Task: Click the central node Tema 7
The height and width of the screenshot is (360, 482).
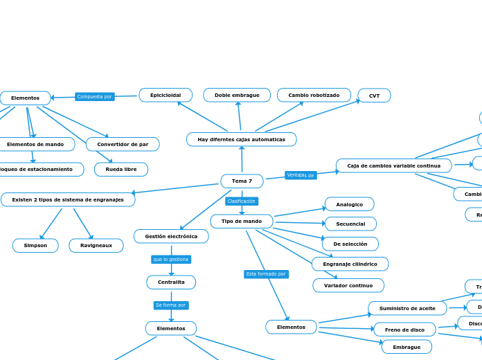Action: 242,181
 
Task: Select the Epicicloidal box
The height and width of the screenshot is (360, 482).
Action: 166,95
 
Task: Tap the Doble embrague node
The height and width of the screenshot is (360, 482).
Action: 237,95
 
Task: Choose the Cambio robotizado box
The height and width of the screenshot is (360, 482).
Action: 314,95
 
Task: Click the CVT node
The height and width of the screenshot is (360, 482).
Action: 374,96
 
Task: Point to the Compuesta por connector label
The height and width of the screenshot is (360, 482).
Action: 95,97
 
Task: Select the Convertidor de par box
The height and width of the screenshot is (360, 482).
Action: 123,144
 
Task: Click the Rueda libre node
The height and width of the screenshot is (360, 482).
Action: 121,169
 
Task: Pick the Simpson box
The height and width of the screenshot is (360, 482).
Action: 35,245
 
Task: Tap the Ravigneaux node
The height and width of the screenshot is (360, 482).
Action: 96,245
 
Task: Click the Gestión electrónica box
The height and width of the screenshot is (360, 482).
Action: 171,236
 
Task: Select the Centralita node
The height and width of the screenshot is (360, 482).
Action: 171,282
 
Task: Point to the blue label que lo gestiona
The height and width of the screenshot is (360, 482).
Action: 171,259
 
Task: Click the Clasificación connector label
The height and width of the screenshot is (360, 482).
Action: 242,201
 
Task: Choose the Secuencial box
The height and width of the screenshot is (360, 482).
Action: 350,224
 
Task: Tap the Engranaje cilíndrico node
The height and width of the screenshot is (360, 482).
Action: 350,264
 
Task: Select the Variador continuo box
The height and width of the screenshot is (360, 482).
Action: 348,285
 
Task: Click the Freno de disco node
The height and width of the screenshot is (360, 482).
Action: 404,330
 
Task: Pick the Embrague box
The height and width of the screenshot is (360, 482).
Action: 407,347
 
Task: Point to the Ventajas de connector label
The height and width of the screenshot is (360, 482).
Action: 301,175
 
